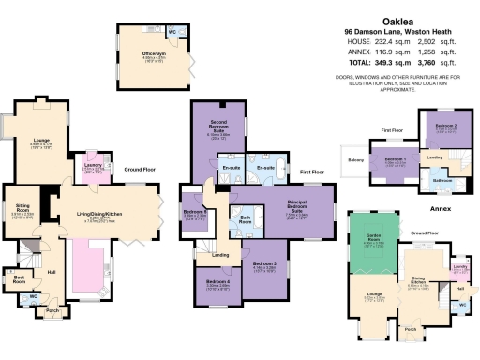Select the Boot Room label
pyautogui.click(x=18, y=277)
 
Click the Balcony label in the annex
pyautogui.click(x=353, y=160)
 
